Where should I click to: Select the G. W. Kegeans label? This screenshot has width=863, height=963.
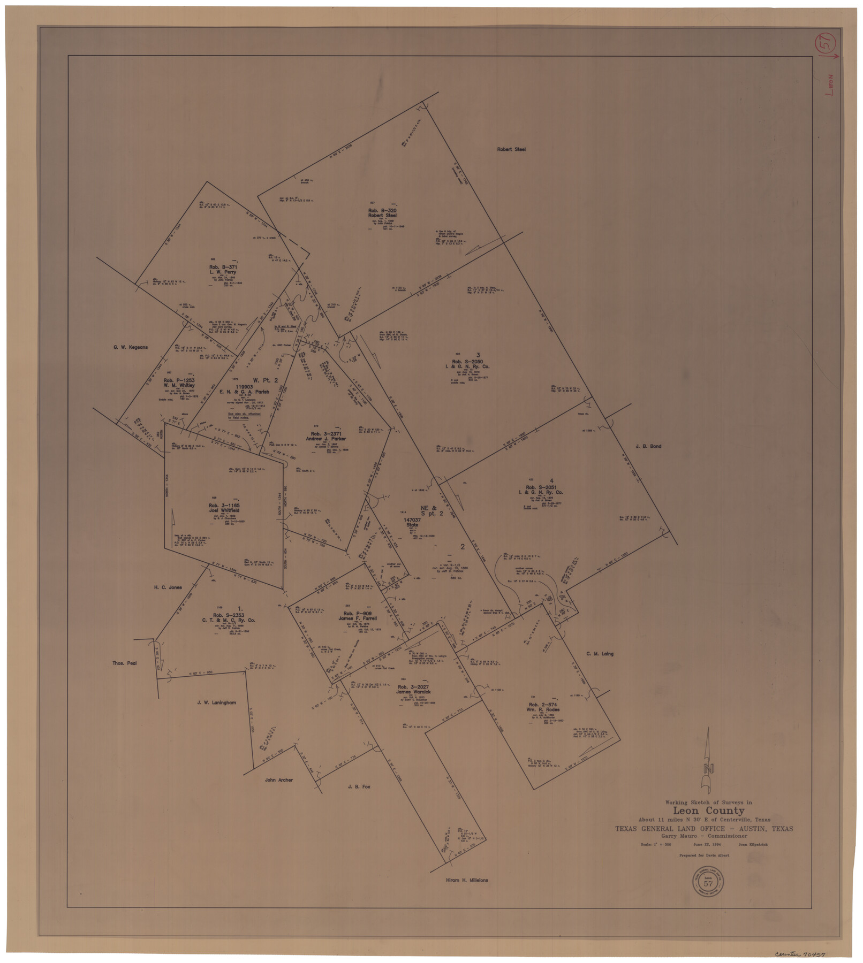130,347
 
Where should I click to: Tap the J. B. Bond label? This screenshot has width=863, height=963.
648,446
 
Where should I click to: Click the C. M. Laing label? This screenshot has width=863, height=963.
600,654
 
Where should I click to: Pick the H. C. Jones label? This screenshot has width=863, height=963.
168,587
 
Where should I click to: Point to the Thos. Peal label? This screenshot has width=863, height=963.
124,663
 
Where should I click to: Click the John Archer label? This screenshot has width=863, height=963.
278,780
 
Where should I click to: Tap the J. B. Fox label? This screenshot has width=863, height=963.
359,787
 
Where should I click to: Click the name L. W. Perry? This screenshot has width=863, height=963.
223,272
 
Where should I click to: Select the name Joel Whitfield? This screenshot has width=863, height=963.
224,510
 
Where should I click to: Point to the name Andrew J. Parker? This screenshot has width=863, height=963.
325,439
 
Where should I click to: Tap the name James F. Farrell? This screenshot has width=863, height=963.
358,618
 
